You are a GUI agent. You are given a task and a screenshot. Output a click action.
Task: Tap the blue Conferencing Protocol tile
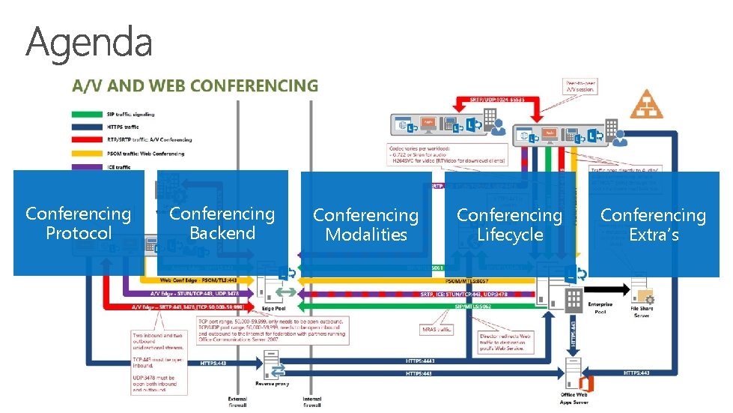[x=78, y=223]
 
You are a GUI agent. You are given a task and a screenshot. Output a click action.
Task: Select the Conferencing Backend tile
[x=222, y=223]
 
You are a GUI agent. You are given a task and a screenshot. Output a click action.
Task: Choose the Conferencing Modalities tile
[x=365, y=224]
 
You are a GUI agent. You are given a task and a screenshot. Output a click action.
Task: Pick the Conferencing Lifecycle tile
[x=509, y=224]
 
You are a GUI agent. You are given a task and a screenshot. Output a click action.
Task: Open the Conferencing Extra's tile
[x=653, y=224]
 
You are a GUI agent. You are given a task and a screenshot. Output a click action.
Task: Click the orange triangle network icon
[x=646, y=104]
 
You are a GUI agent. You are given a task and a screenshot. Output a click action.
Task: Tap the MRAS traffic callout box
[x=438, y=328]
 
